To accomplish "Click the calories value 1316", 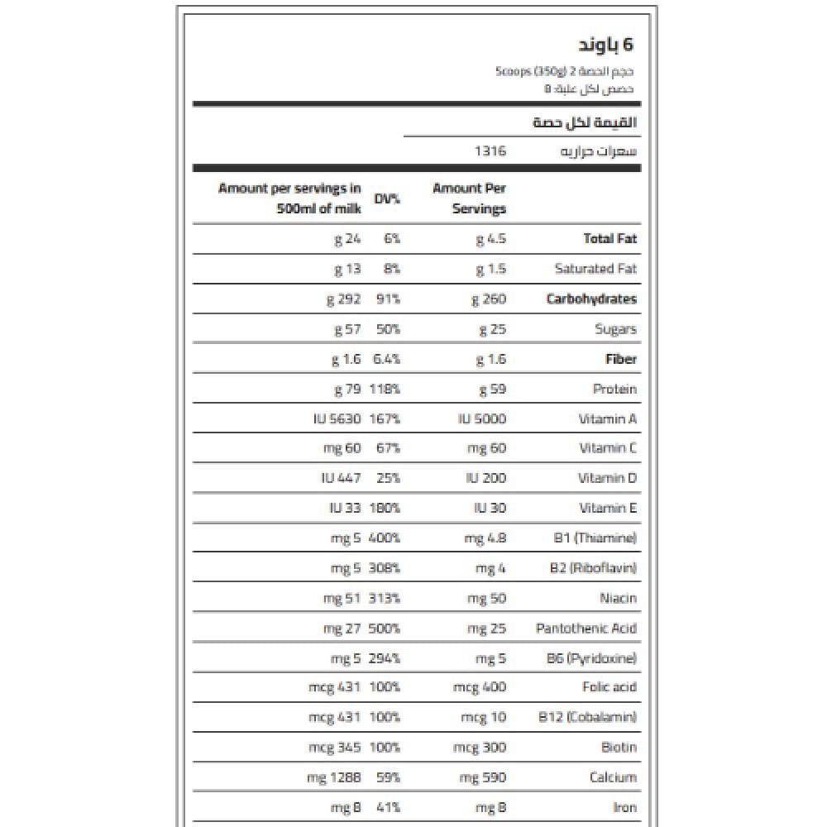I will point(490,151).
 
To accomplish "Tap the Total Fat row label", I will point(610,239).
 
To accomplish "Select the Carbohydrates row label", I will point(591,299).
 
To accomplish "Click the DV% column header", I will point(387,199).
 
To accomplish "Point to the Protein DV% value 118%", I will point(384,389).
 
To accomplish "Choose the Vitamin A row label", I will point(608,419).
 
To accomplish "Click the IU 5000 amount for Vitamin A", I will point(482,419).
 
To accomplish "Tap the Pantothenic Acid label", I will point(586,629).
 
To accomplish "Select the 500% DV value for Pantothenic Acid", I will point(384,629).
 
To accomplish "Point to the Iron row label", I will point(626,808).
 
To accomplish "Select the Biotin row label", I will point(619,748).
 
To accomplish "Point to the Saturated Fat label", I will point(595,269).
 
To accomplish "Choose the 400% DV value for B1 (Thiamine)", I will point(384,538).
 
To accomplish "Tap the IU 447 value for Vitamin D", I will point(341,478).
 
